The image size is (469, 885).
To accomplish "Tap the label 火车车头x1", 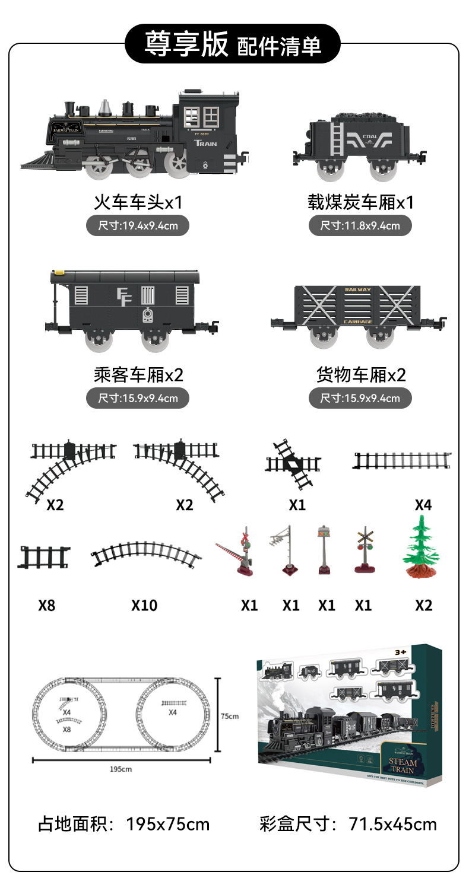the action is pos(138,202).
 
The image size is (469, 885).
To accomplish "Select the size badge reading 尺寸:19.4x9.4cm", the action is pos(138,225).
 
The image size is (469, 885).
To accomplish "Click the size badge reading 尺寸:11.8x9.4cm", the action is pos(360,225).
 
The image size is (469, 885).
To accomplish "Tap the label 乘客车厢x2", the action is pos(138,375).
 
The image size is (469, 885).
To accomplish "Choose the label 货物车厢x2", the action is pos(360,375).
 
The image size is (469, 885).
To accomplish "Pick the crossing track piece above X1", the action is pos(293,464).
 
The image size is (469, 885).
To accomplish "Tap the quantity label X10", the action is pos(144,606).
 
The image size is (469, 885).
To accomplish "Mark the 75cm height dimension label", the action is pos(230,716).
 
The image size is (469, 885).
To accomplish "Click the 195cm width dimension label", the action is pos(121,769).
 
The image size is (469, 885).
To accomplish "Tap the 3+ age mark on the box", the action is pos(400,652).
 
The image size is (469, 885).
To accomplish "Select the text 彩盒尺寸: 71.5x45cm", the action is pos(348,824).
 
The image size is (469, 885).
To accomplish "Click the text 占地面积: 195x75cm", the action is pos(123,824).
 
